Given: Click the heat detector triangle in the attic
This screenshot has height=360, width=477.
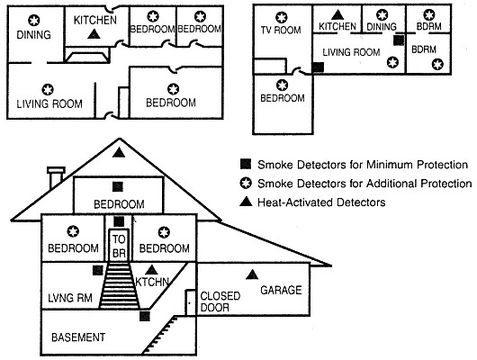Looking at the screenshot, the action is coord(119,152).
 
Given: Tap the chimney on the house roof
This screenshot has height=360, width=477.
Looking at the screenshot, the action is coord(56,176).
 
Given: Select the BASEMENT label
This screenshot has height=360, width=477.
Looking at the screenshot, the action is coord(78,337).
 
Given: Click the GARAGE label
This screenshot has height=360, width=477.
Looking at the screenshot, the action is coord(281,290).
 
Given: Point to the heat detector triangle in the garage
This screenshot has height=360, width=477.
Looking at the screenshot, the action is coord(252,274).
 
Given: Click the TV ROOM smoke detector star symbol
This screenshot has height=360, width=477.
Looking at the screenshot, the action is coord(282,17).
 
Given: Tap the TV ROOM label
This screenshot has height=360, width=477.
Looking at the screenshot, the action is coord(281,30).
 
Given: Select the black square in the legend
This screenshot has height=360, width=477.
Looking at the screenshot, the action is coord(246,164).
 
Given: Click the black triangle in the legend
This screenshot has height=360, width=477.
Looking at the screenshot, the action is coord(246,202).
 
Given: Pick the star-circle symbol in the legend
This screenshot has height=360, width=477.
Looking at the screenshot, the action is coord(246,183).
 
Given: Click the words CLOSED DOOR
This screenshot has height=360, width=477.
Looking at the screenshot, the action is coord(220,301).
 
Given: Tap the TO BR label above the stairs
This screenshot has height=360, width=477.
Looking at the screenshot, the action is coord(119,246).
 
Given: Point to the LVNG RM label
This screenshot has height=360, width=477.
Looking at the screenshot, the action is coord(70,298).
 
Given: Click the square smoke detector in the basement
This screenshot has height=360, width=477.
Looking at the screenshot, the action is coord(145,316).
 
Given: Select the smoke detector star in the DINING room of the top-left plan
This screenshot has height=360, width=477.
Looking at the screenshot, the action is coord(34,21).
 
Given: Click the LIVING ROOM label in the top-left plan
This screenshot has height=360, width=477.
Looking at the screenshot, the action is coord(49,104).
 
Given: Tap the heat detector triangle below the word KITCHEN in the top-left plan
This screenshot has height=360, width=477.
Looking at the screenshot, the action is coord(94,34).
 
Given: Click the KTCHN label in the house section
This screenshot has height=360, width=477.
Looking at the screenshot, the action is coord(152,282).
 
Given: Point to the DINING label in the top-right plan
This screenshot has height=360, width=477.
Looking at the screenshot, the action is coord(382,27).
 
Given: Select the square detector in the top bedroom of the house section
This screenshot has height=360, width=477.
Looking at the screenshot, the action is coord(118,186).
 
